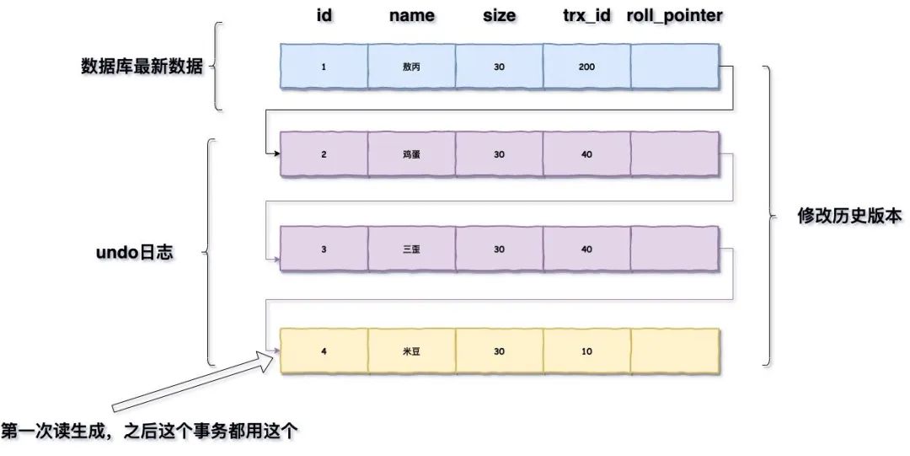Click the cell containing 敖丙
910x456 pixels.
click(411, 66)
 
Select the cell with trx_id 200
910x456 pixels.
click(586, 66)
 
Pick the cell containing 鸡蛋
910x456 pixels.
click(411, 154)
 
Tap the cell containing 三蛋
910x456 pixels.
click(411, 249)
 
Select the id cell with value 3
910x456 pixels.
click(324, 249)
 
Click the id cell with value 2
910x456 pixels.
click(324, 154)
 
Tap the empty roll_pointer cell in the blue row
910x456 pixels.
click(675, 66)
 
